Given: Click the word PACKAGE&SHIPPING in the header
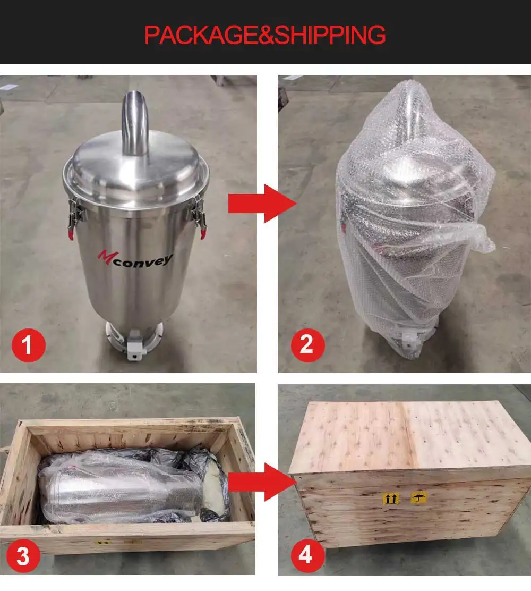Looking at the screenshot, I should (x=265, y=35).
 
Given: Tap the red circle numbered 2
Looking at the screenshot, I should (x=307, y=346).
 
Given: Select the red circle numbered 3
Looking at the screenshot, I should (x=23, y=557).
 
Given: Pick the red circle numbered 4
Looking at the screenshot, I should (x=306, y=556).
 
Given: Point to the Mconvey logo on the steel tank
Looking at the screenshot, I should (x=135, y=258).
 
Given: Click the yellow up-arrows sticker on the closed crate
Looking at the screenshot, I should (x=391, y=499).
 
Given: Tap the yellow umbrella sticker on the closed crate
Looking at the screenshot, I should (x=419, y=498).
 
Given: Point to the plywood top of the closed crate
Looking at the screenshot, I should (x=409, y=435).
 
